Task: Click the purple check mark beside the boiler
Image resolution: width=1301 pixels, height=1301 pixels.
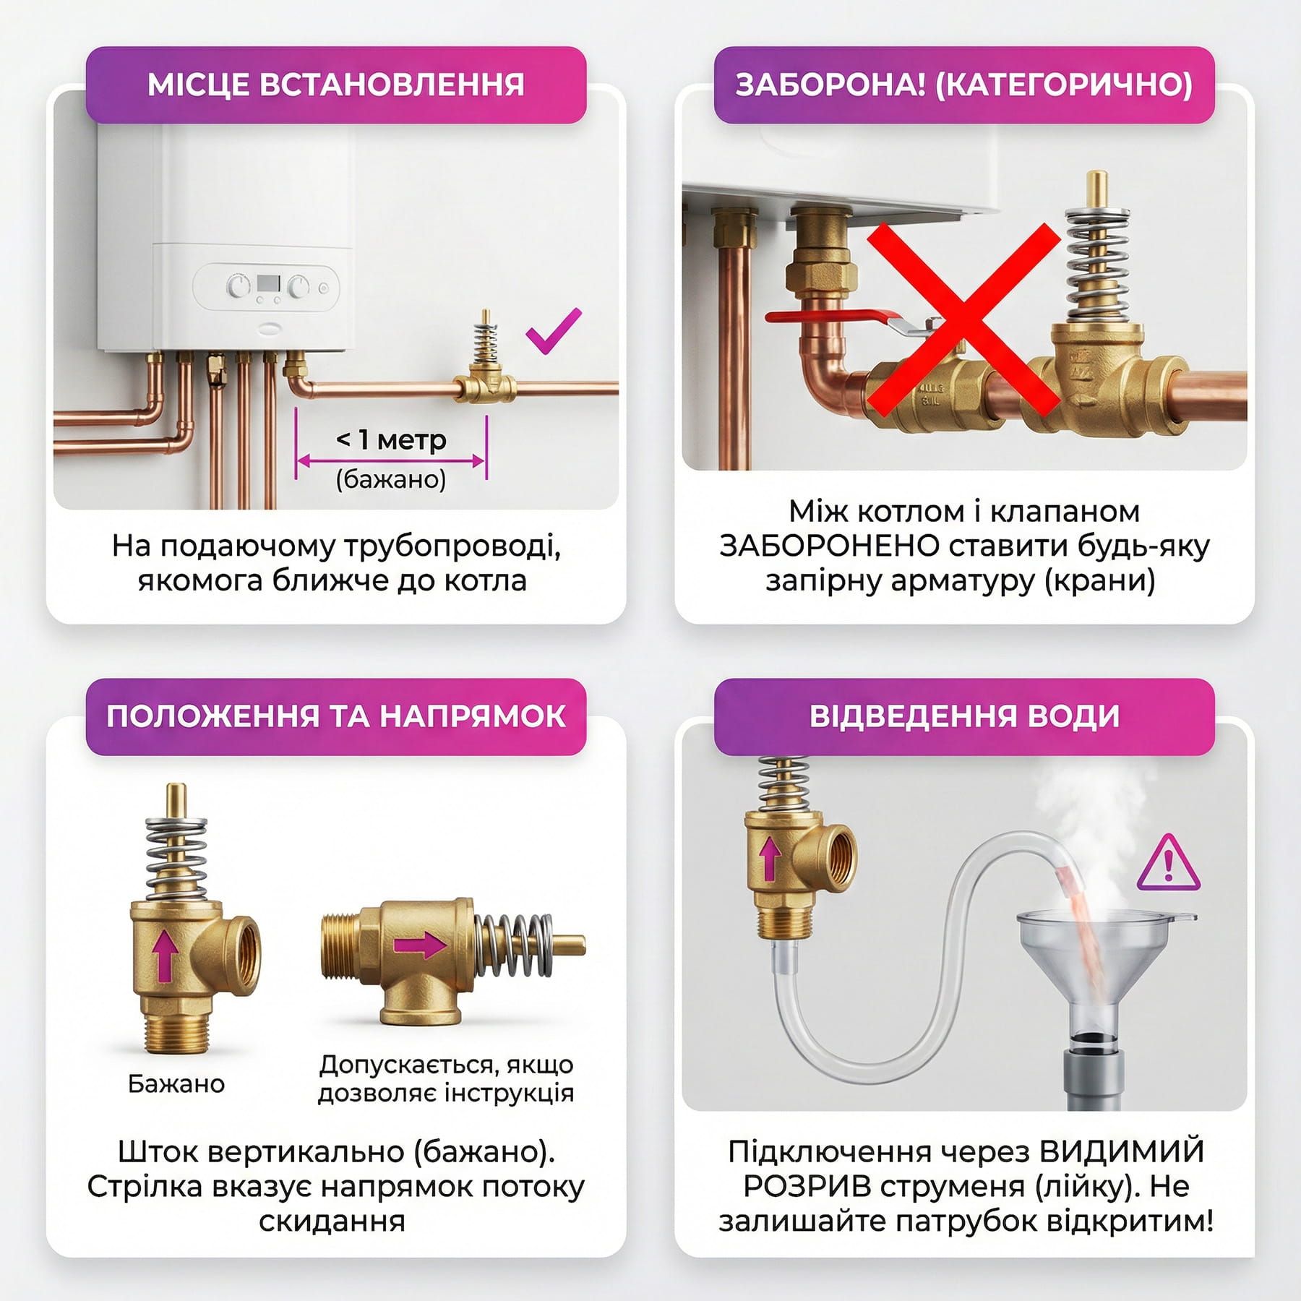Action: pyautogui.click(x=553, y=332)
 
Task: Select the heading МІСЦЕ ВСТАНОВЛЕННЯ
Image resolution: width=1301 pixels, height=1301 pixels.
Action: pyautogui.click(x=336, y=85)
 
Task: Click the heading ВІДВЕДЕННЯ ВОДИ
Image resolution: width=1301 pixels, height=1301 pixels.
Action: pyautogui.click(x=964, y=716)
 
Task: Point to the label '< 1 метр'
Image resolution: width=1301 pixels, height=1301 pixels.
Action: pyautogui.click(x=391, y=439)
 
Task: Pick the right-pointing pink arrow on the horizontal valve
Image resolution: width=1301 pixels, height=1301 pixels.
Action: pyautogui.click(x=420, y=945)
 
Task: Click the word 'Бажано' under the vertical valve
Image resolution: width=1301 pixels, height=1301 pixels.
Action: pyautogui.click(x=176, y=1084)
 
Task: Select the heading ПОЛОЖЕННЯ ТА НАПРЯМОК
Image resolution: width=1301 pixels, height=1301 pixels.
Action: pyautogui.click(x=336, y=716)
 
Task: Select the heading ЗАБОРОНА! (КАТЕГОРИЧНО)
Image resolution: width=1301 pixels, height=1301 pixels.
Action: pyautogui.click(x=964, y=85)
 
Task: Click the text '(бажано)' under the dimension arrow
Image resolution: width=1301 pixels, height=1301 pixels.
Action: pyautogui.click(x=391, y=479)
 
